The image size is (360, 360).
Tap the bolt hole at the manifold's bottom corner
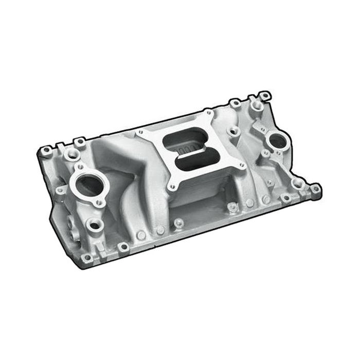pyautogui.click(x=121, y=247)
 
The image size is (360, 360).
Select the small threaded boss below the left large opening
pyautogui.click(x=94, y=225)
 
